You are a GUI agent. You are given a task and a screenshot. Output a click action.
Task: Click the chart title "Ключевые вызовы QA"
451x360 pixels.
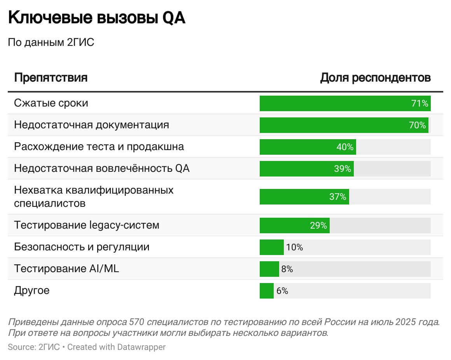click(x=97, y=18)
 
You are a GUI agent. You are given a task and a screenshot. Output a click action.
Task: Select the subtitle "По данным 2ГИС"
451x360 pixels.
click(x=51, y=42)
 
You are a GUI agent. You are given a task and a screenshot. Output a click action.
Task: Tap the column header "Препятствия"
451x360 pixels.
click(x=51, y=77)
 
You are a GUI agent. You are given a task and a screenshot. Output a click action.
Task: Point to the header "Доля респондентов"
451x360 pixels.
click(x=375, y=77)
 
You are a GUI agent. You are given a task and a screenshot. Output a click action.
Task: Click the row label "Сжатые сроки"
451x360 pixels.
click(x=51, y=103)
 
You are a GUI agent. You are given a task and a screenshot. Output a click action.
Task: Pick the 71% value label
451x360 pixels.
click(x=420, y=103)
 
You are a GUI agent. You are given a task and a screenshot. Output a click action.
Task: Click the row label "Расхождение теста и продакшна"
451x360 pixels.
click(x=99, y=147)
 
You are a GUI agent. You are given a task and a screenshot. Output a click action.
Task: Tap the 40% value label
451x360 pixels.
click(x=345, y=147)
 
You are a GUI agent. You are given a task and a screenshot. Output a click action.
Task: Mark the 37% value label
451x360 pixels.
click(x=337, y=197)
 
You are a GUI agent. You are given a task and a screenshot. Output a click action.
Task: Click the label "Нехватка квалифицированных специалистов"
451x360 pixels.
click(x=93, y=196)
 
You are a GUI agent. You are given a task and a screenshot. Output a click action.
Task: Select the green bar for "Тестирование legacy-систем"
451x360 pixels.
click(x=284, y=225)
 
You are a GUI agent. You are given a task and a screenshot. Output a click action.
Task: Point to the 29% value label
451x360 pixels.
click(x=318, y=225)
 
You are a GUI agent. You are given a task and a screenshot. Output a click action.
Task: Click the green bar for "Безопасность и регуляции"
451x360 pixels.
click(x=271, y=247)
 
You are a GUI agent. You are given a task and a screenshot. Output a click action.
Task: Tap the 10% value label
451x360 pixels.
click(x=294, y=247)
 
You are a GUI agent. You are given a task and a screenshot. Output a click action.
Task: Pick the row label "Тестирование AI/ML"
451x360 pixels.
click(x=66, y=268)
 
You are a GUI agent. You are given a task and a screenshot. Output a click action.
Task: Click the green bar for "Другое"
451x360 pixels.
click(x=266, y=291)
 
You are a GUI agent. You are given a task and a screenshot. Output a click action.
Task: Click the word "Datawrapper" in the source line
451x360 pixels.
click(x=142, y=347)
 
